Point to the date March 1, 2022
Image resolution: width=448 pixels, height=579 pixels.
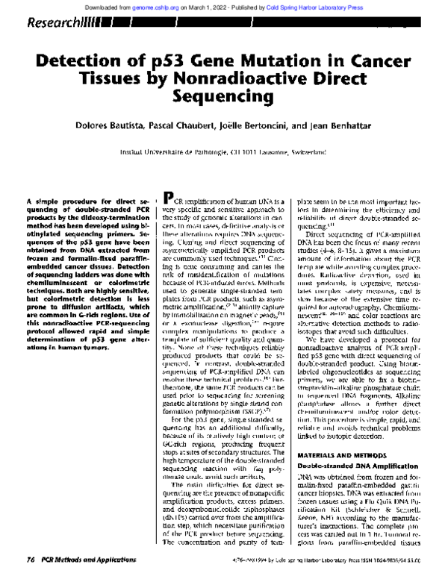[230, 6]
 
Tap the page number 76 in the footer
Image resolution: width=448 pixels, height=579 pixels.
[31, 560]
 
